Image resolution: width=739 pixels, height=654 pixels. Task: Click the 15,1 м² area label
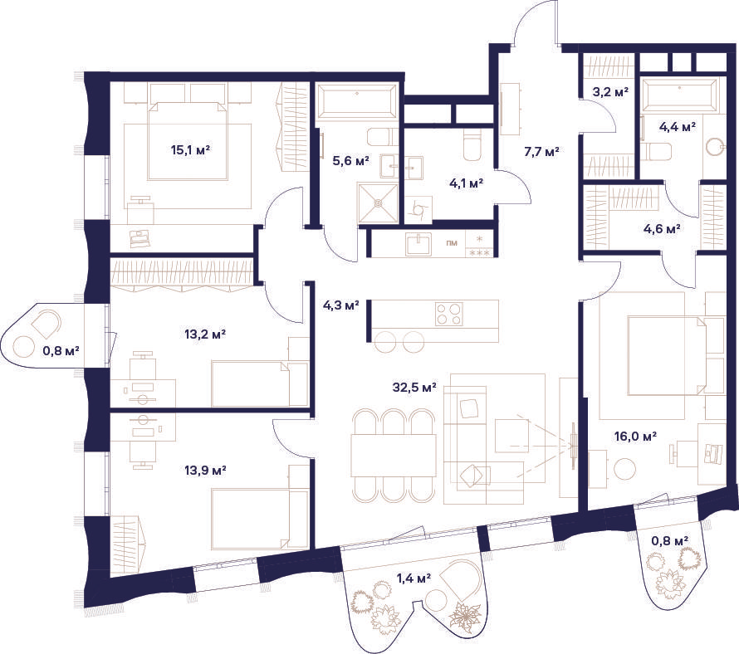point(190,150)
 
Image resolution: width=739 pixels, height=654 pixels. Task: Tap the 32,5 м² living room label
point(414,388)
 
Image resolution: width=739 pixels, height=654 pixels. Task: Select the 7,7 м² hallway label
point(541,152)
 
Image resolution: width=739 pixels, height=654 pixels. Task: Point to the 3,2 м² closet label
point(610,91)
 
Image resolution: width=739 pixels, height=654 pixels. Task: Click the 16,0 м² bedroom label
point(636,437)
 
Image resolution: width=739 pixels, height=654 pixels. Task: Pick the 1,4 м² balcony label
point(414,578)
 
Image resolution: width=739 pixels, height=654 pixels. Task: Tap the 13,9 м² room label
point(205,470)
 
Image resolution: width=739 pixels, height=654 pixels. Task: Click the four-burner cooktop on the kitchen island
point(449,315)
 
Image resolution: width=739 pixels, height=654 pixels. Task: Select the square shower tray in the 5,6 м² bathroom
point(378,203)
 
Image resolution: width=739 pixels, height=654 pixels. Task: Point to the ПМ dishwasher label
point(452,243)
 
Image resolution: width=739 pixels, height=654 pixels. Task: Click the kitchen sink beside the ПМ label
point(418,244)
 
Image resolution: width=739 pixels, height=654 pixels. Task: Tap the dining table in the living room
point(394,455)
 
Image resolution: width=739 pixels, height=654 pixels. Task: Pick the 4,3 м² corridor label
point(340,305)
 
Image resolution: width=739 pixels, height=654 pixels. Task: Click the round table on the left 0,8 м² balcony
point(24,347)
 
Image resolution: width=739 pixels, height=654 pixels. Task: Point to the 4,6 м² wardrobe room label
point(662,229)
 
